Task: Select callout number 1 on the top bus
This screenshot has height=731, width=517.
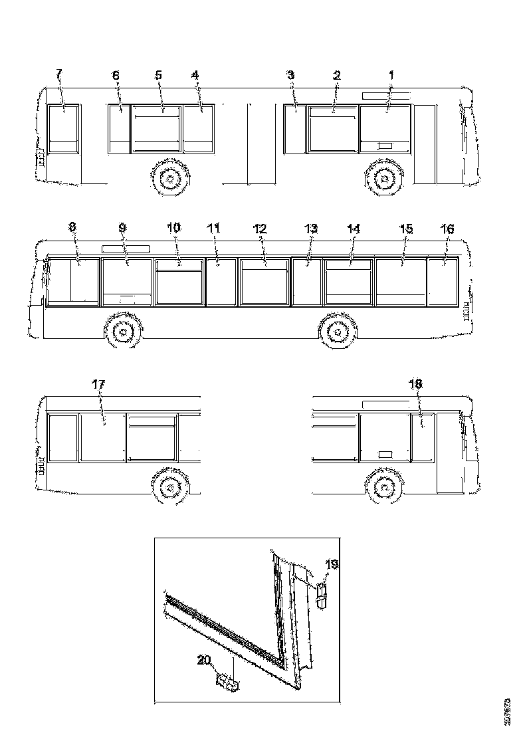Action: point(391,75)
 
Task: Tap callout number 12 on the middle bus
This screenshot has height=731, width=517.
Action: point(260,228)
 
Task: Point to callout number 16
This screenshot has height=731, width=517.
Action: point(447,228)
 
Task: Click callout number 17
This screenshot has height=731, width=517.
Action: point(98,383)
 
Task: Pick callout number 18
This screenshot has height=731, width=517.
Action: point(417,383)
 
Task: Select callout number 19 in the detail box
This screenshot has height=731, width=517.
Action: point(332,564)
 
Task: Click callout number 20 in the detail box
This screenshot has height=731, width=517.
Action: point(205,660)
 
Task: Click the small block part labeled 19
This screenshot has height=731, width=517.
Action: point(322,593)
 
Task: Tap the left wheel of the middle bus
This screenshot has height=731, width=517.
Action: point(123,330)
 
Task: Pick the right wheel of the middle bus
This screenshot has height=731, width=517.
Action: point(337,330)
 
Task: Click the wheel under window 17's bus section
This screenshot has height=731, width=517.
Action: point(170,490)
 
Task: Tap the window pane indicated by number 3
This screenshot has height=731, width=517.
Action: point(294,130)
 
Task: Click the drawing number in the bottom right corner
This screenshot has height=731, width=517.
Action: point(508,711)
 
